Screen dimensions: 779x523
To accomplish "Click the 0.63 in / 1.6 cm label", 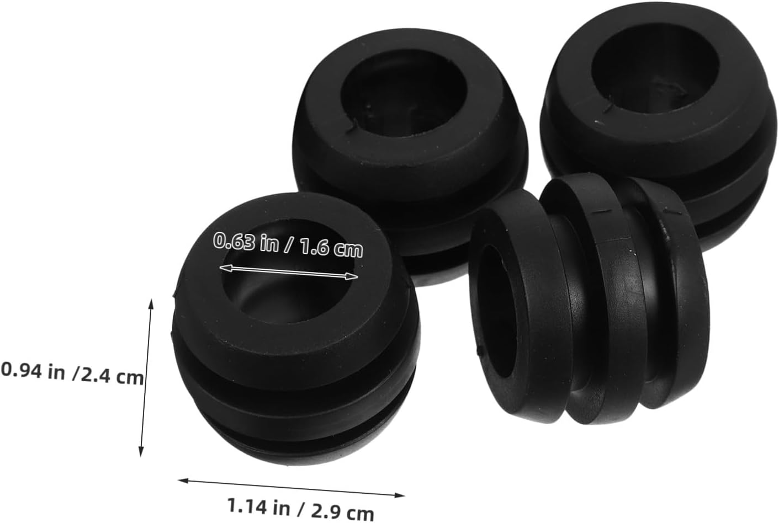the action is coord(288,244).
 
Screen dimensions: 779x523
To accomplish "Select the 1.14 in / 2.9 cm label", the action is coord(300,509).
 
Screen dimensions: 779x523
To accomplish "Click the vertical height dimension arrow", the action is coord(146,378).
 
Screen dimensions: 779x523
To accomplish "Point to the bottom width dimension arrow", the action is coord(292,488).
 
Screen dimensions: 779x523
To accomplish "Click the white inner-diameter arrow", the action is coord(288,272).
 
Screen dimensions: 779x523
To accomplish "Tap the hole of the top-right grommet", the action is coord(655,71).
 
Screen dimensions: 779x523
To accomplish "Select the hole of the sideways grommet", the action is coord(497,311).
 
